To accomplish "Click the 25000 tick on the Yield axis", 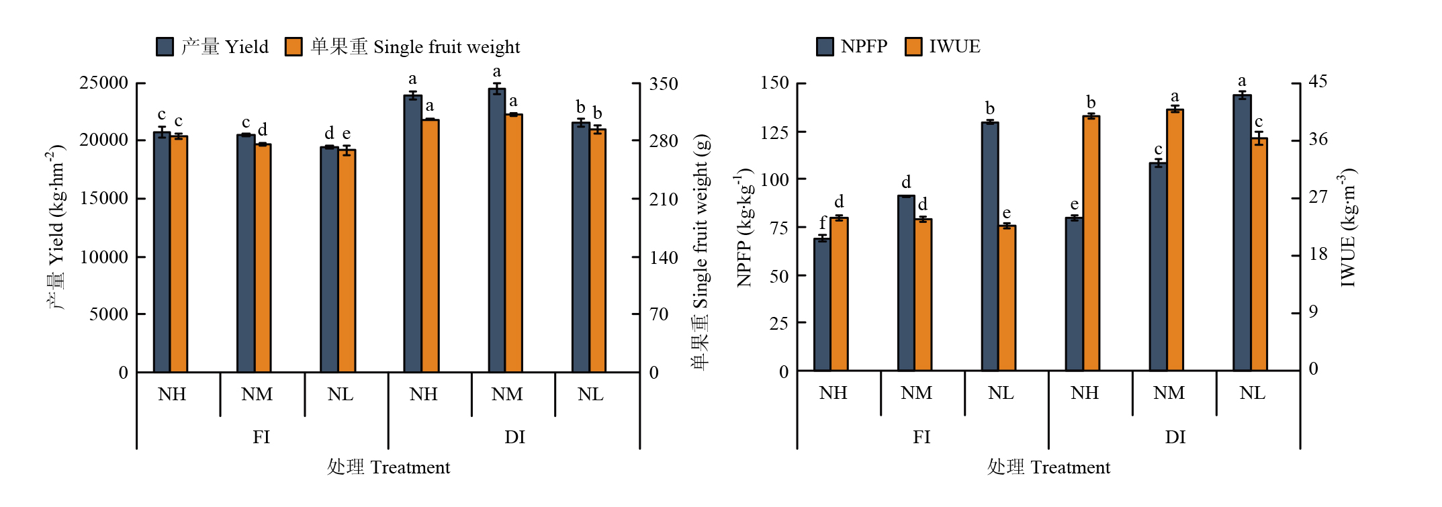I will pos(103,83).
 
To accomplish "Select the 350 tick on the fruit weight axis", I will pos(664,85).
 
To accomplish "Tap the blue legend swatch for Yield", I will pos(165,46).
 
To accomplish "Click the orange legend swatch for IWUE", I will pos(913,46).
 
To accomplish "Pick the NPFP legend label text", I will pos(864,46).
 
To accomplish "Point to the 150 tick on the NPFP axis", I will pos(774,83).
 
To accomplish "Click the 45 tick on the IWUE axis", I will pos(1318,82).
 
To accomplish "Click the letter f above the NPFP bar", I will pos(823,223).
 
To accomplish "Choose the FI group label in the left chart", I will pos(261,437).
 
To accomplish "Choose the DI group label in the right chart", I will pos(1175,437).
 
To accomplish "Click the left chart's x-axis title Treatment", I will pos(388,467).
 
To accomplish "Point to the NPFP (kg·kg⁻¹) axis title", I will pos(744,228).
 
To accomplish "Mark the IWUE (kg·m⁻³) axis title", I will pos(1347,228).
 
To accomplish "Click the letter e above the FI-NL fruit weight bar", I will pos(347,134).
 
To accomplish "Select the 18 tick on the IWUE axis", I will pos(1318,255).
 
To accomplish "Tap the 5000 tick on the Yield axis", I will pos(108,314).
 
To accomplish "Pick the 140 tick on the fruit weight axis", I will pos(664,258).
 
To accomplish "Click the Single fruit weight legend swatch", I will pos(294,46).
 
